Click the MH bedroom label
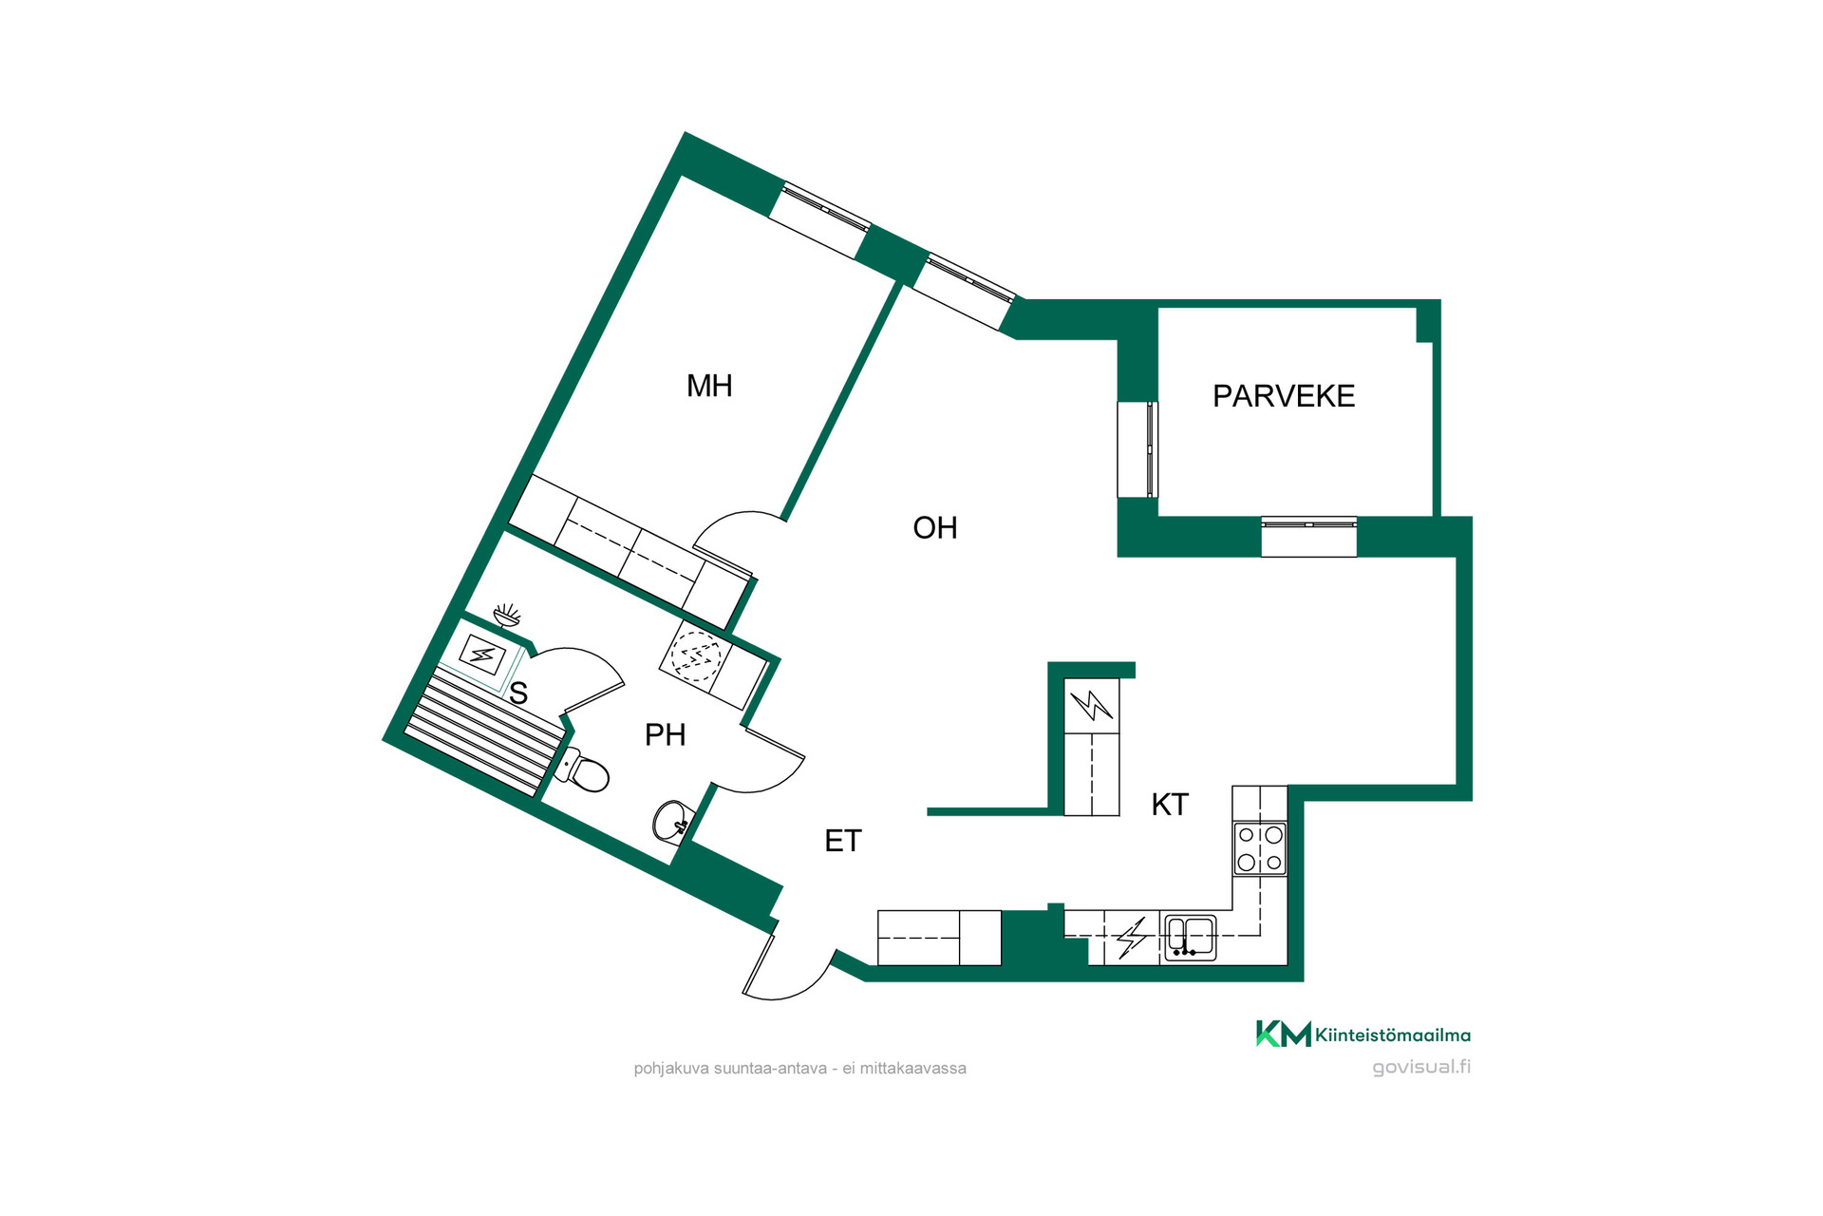click(x=709, y=386)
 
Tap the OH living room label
click(x=935, y=528)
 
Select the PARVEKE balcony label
click(x=1284, y=396)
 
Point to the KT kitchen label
click(x=1170, y=805)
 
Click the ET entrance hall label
click(x=843, y=841)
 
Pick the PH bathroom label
click(x=665, y=734)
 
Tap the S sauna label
click(x=518, y=693)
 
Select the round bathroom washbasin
click(x=673, y=822)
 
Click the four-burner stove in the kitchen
click(x=1260, y=848)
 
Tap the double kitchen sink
click(x=1191, y=938)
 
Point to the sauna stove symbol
click(x=482, y=655)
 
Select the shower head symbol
click(x=508, y=616)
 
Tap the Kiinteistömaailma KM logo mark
click(x=1284, y=1034)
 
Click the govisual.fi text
click(x=1421, y=1067)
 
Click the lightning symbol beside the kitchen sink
click(x=1132, y=938)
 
